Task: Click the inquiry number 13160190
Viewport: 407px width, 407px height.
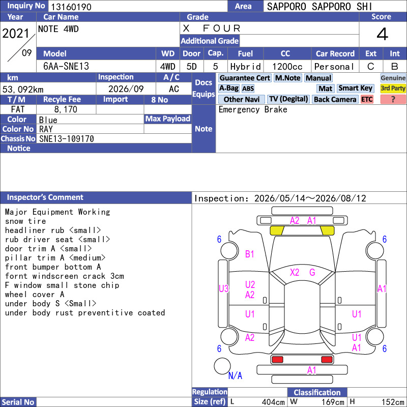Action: (x=71, y=7)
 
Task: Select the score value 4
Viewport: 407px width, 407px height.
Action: (x=383, y=34)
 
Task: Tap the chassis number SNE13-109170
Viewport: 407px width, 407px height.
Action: (x=67, y=139)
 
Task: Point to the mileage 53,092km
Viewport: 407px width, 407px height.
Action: (x=23, y=90)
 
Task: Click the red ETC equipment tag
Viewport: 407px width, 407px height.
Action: (x=367, y=99)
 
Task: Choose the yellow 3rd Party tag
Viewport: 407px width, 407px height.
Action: (x=393, y=89)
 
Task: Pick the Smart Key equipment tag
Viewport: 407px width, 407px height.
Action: (x=356, y=89)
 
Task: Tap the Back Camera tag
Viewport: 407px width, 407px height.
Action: (x=335, y=99)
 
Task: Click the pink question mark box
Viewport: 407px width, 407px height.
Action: (x=393, y=99)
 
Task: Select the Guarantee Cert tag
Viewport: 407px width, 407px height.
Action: (x=245, y=78)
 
